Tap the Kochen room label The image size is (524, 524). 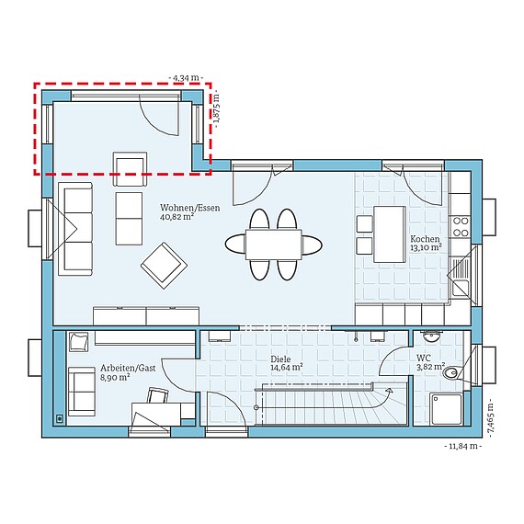[426, 236]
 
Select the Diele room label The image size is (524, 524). [281, 359]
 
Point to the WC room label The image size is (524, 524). [424, 358]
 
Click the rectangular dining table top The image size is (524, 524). [273, 244]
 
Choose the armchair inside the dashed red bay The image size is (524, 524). [130, 165]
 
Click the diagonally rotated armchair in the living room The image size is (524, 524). [161, 263]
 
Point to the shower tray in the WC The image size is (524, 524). [448, 408]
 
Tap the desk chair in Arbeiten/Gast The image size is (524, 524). [157, 395]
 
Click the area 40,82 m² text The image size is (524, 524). [177, 218]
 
